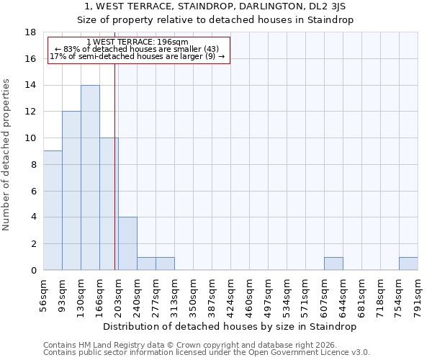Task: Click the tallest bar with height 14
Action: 90,178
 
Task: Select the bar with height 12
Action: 71,191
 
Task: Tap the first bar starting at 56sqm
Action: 53,210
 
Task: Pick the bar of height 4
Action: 127,243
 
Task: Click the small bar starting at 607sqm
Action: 333,264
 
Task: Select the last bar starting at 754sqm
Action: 408,264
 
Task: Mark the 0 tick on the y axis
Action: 33,271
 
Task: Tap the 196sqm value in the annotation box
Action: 175,42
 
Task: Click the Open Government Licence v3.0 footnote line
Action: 207,353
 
